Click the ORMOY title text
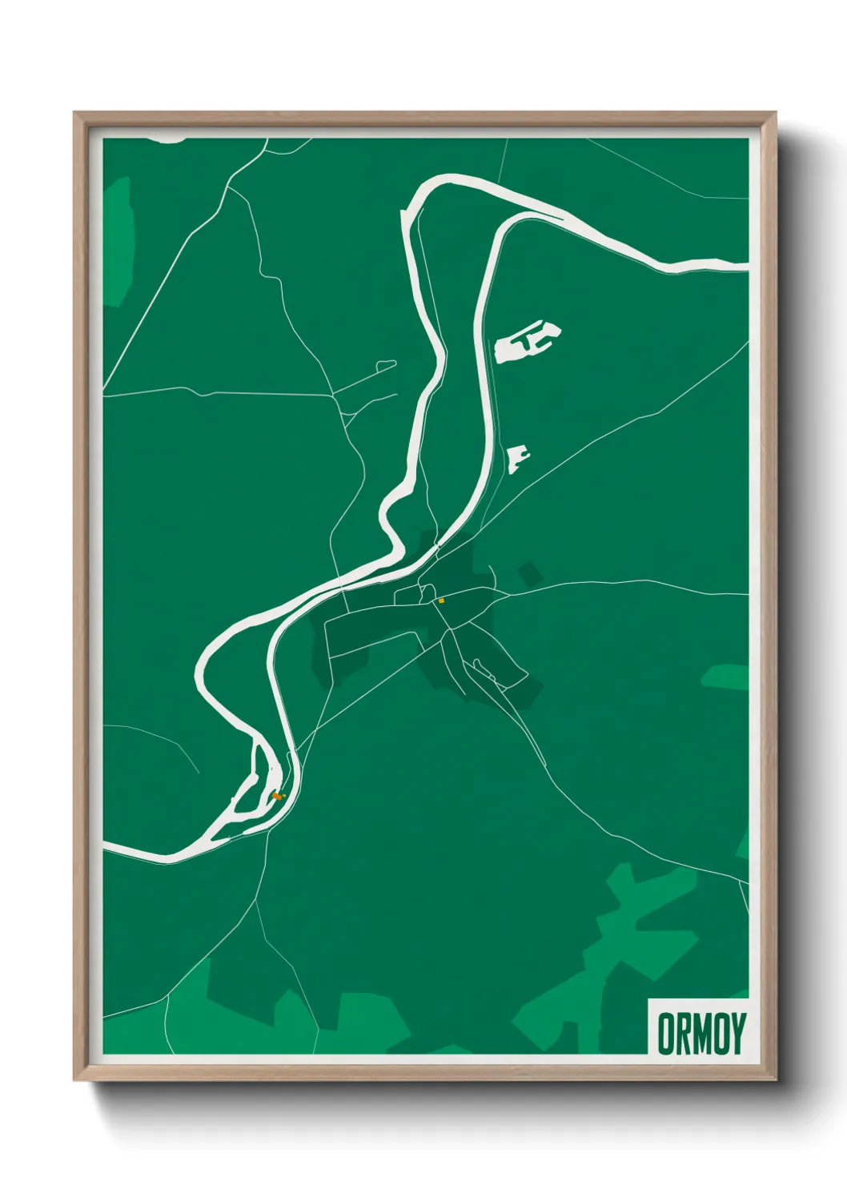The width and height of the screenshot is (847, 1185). pos(701,1034)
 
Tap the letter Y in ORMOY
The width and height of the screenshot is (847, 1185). pos(738,1034)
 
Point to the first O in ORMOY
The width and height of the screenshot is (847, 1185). pos(666,1034)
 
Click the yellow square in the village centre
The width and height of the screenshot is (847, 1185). pos(441,600)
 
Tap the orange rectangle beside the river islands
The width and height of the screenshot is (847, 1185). pos(277,796)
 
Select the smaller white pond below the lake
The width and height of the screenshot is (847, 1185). pos(517,459)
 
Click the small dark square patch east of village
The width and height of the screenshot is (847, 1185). pos(528,574)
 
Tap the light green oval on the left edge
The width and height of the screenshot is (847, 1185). pos(118,240)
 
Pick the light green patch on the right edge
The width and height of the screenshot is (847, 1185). pos(727,677)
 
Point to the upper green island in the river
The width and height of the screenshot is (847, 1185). pos(264,768)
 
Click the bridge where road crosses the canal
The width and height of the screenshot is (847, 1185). pos(437,547)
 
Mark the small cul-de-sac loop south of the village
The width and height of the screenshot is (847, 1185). pos(479,664)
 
